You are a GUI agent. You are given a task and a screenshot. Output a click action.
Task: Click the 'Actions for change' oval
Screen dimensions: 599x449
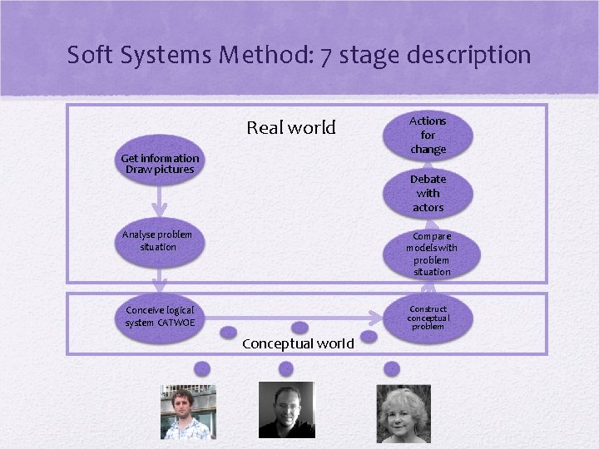coord(428,135)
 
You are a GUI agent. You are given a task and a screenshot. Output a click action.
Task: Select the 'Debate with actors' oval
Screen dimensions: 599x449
coord(428,193)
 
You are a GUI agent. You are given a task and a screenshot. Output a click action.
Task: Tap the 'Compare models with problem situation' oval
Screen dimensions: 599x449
coord(431,254)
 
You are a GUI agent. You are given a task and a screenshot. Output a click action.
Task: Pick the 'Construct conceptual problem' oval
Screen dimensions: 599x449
coord(428,318)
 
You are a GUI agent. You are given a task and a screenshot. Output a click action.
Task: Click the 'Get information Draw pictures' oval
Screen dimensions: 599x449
coord(160,164)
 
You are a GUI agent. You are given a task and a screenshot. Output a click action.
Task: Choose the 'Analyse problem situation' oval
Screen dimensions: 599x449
coord(157,241)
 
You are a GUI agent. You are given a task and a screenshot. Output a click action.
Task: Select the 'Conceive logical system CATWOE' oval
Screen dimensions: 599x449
coord(160,317)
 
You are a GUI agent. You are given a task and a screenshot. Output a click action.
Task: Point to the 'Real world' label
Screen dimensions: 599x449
coord(290,128)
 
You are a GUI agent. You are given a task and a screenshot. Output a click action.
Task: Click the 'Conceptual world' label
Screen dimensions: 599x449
coord(298,343)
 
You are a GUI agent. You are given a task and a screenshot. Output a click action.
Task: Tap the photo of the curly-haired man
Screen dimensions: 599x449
coord(188,412)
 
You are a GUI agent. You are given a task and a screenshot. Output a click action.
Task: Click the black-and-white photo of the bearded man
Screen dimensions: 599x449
coord(286,410)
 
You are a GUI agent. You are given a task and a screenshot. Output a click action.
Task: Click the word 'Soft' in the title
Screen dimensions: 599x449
coord(90,55)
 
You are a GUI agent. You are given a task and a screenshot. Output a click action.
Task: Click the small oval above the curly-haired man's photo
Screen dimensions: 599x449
coord(201,368)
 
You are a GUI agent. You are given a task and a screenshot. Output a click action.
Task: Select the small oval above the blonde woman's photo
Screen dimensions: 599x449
coord(391,368)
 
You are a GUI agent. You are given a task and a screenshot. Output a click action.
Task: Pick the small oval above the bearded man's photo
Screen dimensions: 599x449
coord(285,368)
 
